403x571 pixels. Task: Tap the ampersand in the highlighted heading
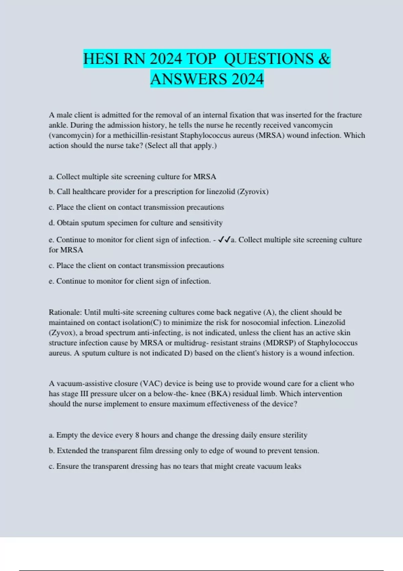tap(324, 59)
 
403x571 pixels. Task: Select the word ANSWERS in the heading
tap(188, 79)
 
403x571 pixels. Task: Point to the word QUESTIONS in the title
tap(269, 59)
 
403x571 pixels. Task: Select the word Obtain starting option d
tap(68, 223)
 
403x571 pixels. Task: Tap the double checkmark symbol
tap(224, 240)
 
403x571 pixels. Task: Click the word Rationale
tap(65, 312)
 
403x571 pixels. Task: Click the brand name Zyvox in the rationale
tap(63, 333)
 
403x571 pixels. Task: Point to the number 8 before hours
tap(137, 435)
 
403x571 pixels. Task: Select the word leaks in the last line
tap(293, 467)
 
